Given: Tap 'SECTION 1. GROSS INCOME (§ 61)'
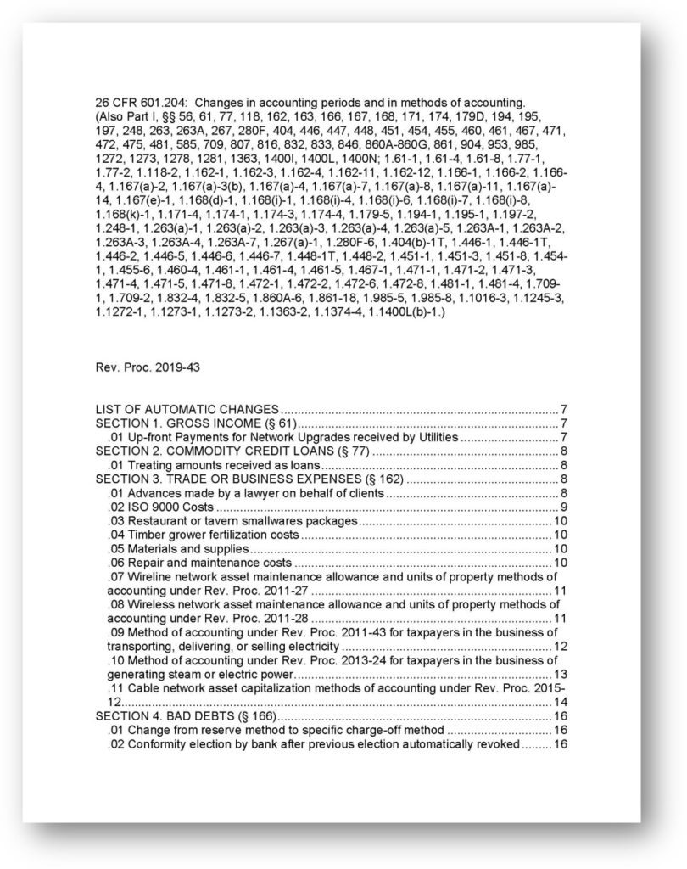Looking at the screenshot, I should point(194,423).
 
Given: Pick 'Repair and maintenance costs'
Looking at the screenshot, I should point(199,562).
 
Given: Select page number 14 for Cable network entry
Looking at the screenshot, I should point(560,702).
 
